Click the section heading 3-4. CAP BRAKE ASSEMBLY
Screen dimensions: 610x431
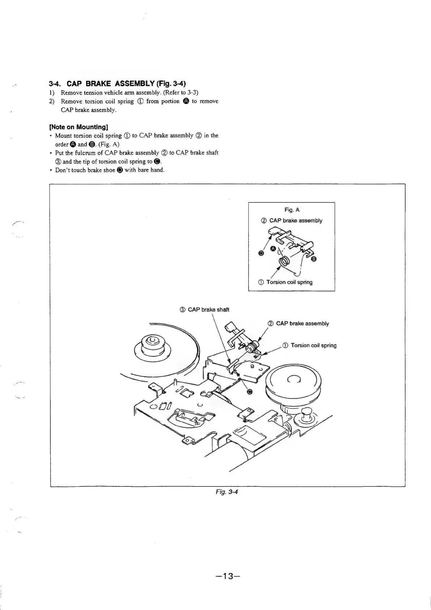click(117, 84)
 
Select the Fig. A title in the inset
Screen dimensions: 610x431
click(292, 210)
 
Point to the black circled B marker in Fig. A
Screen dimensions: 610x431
click(314, 259)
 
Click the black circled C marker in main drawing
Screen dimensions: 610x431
click(249, 391)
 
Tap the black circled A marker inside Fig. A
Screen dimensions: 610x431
click(274, 248)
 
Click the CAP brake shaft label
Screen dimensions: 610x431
click(204, 310)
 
